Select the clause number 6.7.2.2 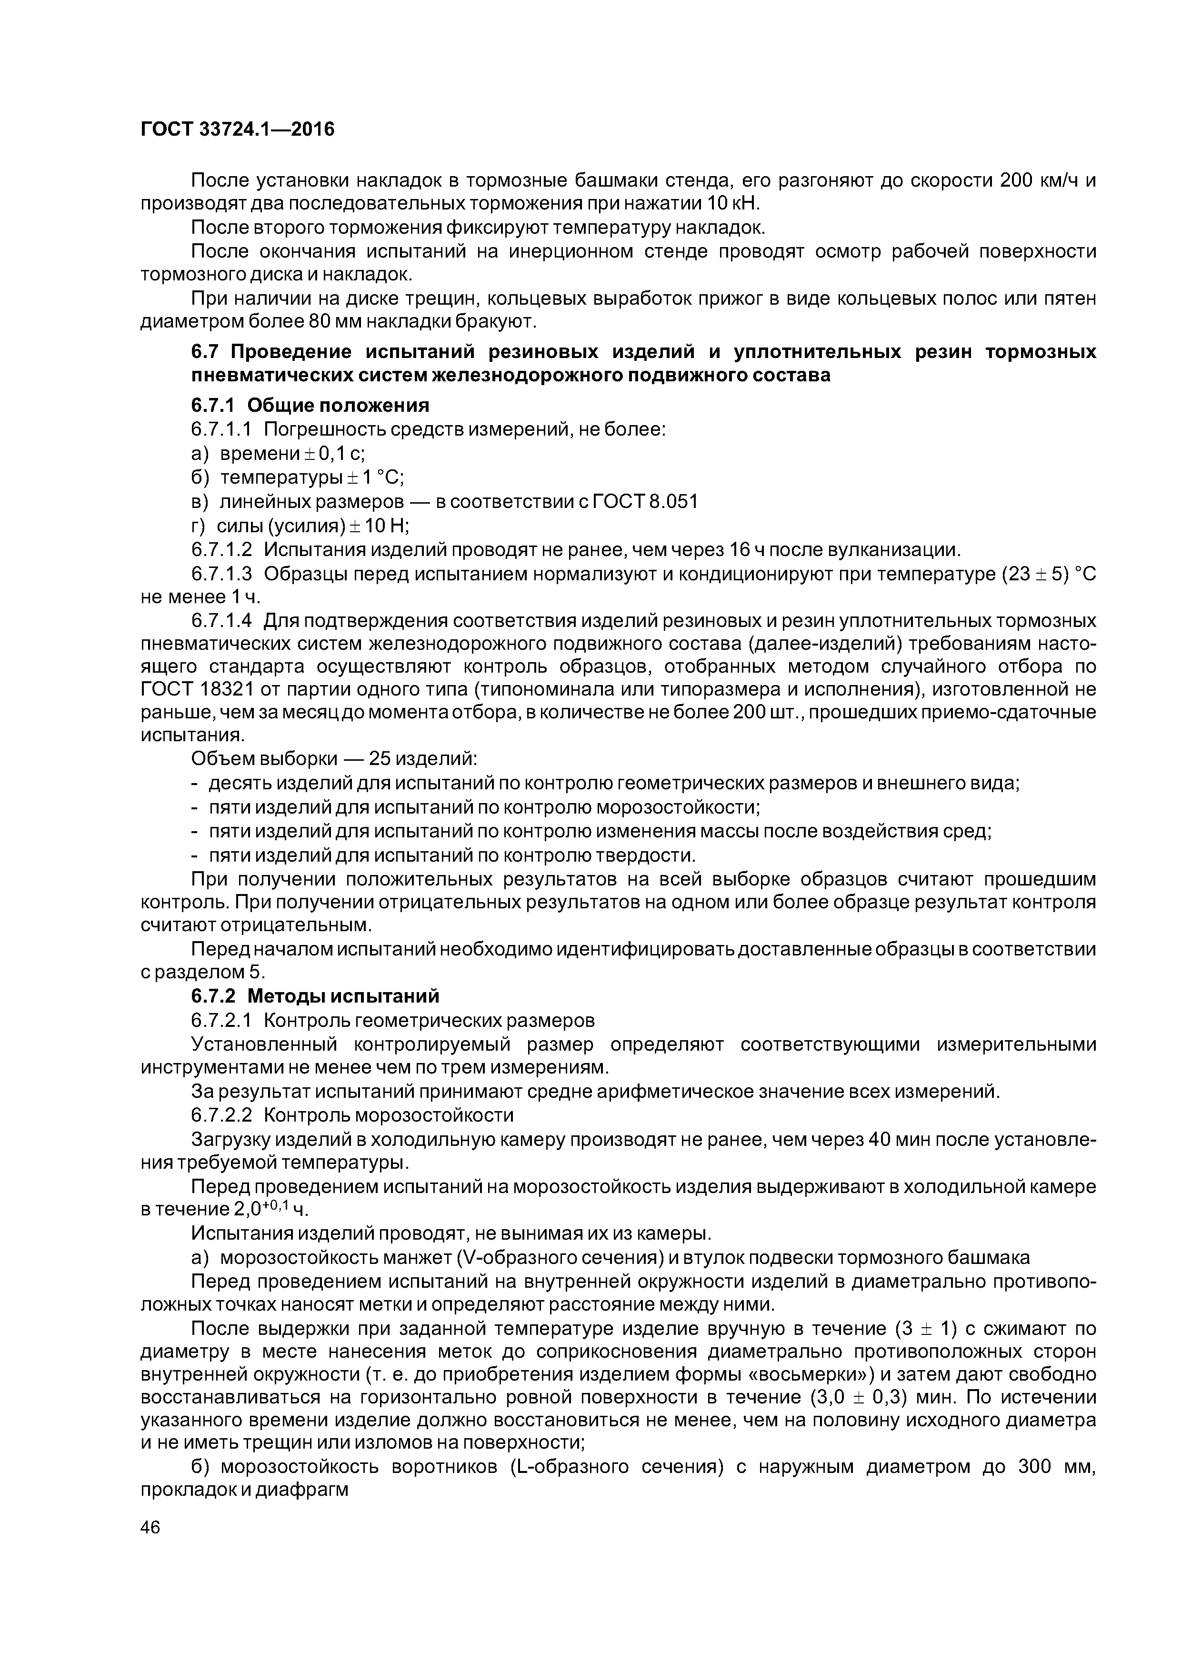point(221,1115)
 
